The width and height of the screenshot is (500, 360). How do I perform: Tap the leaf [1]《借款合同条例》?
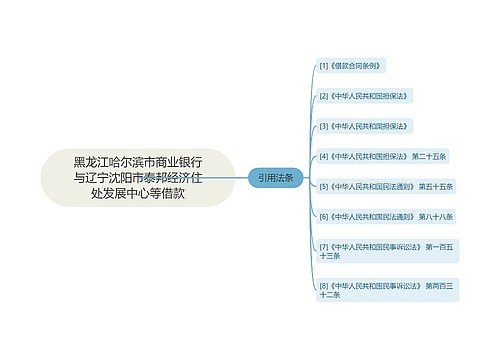tap(350, 65)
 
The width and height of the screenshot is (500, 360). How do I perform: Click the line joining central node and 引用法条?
tap(242, 177)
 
